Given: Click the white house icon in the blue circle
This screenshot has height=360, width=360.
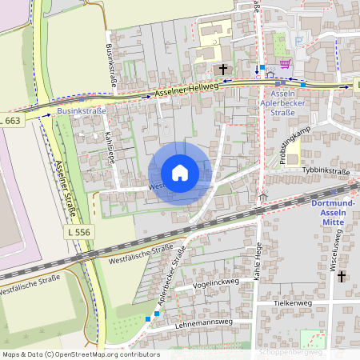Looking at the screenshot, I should pos(180,173).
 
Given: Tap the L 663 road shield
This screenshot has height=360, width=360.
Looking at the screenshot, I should pos(11,120).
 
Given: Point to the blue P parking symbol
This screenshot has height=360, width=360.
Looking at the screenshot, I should pos(298,42).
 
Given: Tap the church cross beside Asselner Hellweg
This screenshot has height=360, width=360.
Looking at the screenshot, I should pos(223,70).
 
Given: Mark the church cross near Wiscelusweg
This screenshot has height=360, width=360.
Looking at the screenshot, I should pos(342,276).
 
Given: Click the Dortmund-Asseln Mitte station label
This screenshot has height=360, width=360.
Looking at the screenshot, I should pos(332,210).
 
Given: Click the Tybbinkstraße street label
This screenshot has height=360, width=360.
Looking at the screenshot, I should pos(327,170).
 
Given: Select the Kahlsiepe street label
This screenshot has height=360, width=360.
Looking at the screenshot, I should pos(110,146).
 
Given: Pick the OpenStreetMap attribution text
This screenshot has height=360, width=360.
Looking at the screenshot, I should pos(81,354).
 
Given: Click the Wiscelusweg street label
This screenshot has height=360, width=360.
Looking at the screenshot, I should pos(338,249).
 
